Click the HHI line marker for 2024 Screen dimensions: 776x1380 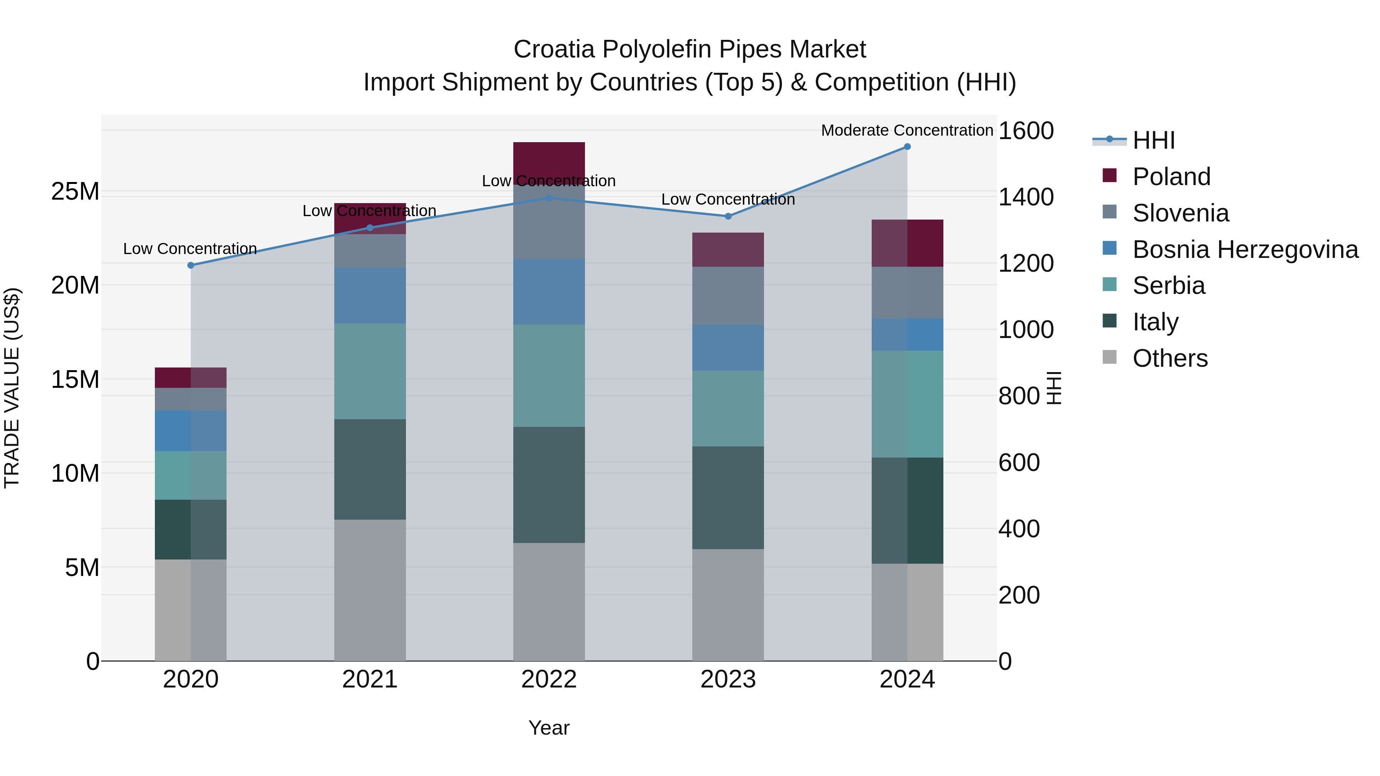point(907,147)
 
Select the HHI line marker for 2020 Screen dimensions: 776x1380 point(191,265)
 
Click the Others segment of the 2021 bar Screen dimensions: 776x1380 point(370,589)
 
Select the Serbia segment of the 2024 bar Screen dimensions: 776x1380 point(907,404)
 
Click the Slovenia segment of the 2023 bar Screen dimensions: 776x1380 point(728,295)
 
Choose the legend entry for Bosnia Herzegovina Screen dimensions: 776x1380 point(1245,249)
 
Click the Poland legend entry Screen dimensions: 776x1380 point(1171,177)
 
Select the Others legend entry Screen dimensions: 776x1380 point(1170,358)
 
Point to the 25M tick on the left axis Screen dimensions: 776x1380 point(75,192)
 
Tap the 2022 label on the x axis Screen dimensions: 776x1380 point(549,679)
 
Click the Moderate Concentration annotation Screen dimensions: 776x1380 point(907,130)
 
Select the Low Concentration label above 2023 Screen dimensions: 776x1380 point(728,199)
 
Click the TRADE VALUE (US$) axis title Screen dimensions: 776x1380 point(12,388)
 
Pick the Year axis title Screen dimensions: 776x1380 point(549,728)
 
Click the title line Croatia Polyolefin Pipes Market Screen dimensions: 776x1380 point(690,49)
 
